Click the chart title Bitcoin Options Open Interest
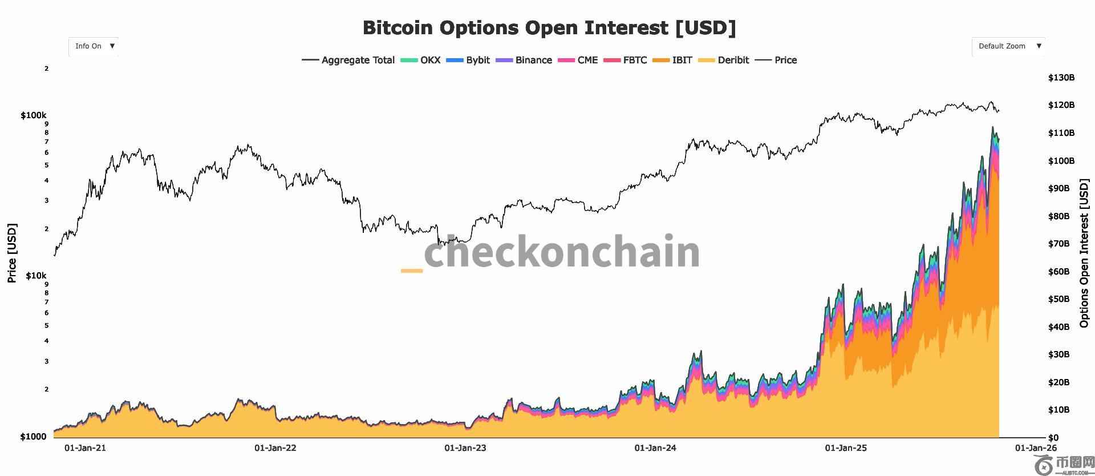[x=549, y=28]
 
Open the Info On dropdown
[x=94, y=46]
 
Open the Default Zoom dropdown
[x=1008, y=46]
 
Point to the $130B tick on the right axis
[x=1061, y=78]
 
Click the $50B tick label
[x=1058, y=299]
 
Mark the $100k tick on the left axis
[x=34, y=115]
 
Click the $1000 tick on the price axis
[x=33, y=437]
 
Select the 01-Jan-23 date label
[x=465, y=448]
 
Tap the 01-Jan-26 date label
[x=1036, y=448]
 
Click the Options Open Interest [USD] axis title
[x=1084, y=253]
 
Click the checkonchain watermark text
[x=562, y=252]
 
